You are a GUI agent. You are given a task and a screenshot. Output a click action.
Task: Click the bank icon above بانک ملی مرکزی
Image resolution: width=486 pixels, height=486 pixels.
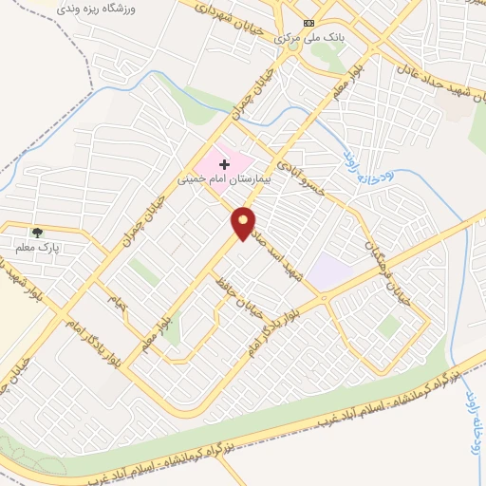(x=308, y=23)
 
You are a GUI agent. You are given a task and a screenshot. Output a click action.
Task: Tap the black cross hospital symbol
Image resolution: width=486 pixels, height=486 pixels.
(x=224, y=164)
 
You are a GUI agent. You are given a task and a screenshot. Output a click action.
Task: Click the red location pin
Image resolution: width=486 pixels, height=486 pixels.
(x=244, y=223)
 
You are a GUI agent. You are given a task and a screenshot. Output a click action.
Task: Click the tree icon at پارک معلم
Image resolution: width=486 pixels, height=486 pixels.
(x=37, y=232)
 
